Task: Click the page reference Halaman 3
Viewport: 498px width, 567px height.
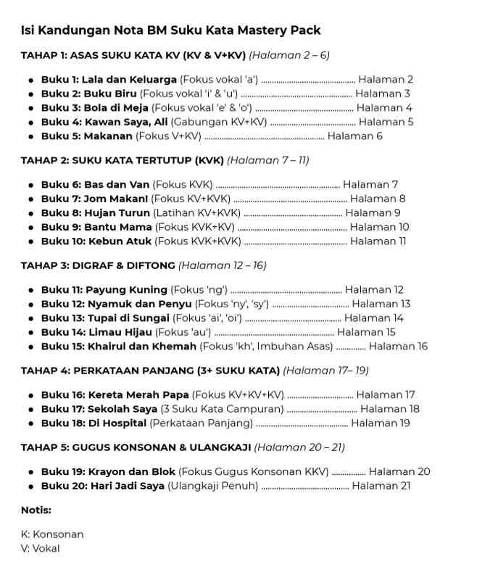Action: click(382, 94)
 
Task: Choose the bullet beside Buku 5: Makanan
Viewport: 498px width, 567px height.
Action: click(30, 136)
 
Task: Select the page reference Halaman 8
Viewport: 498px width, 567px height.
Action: click(378, 199)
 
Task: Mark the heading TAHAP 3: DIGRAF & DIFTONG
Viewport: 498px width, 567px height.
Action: click(98, 265)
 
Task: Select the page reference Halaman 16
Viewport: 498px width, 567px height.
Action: click(398, 347)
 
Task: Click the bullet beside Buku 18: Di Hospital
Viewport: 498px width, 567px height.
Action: click(30, 423)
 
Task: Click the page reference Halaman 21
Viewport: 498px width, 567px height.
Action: click(381, 486)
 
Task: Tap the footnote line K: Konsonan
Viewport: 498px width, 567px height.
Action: click(52, 534)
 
